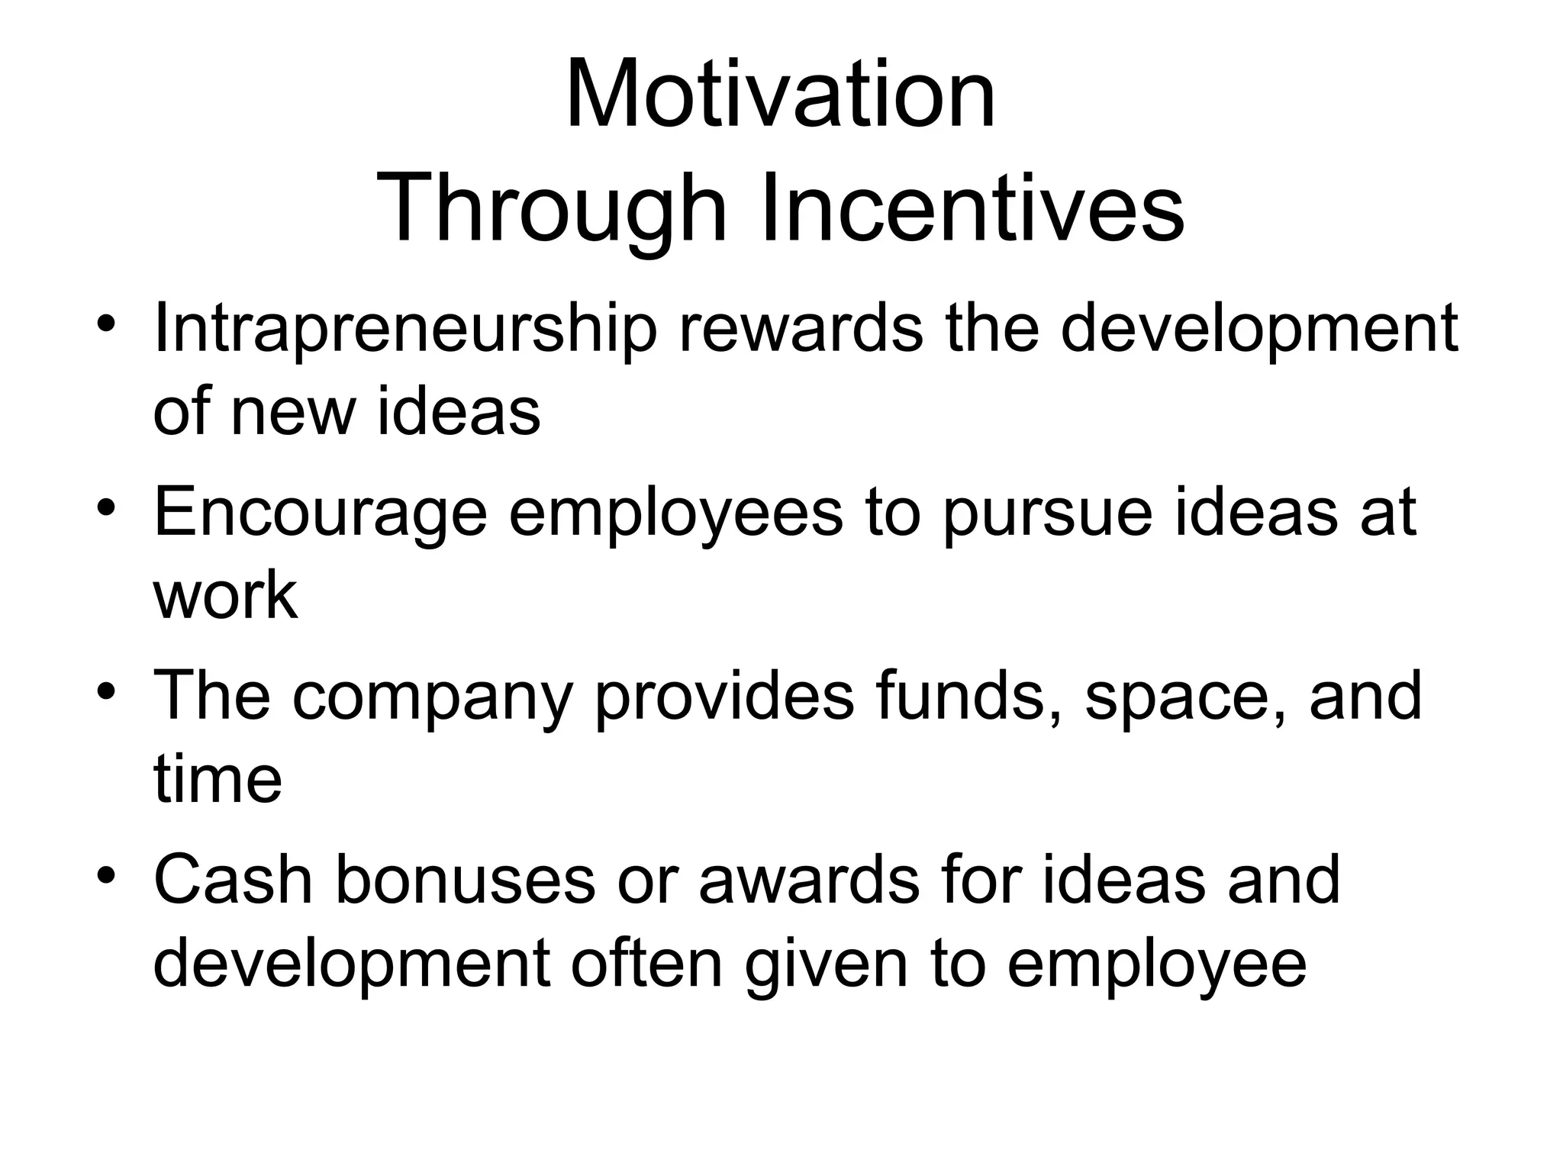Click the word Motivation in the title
point(780,95)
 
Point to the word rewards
point(801,328)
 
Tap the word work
point(225,595)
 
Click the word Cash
point(234,879)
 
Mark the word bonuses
point(465,879)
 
